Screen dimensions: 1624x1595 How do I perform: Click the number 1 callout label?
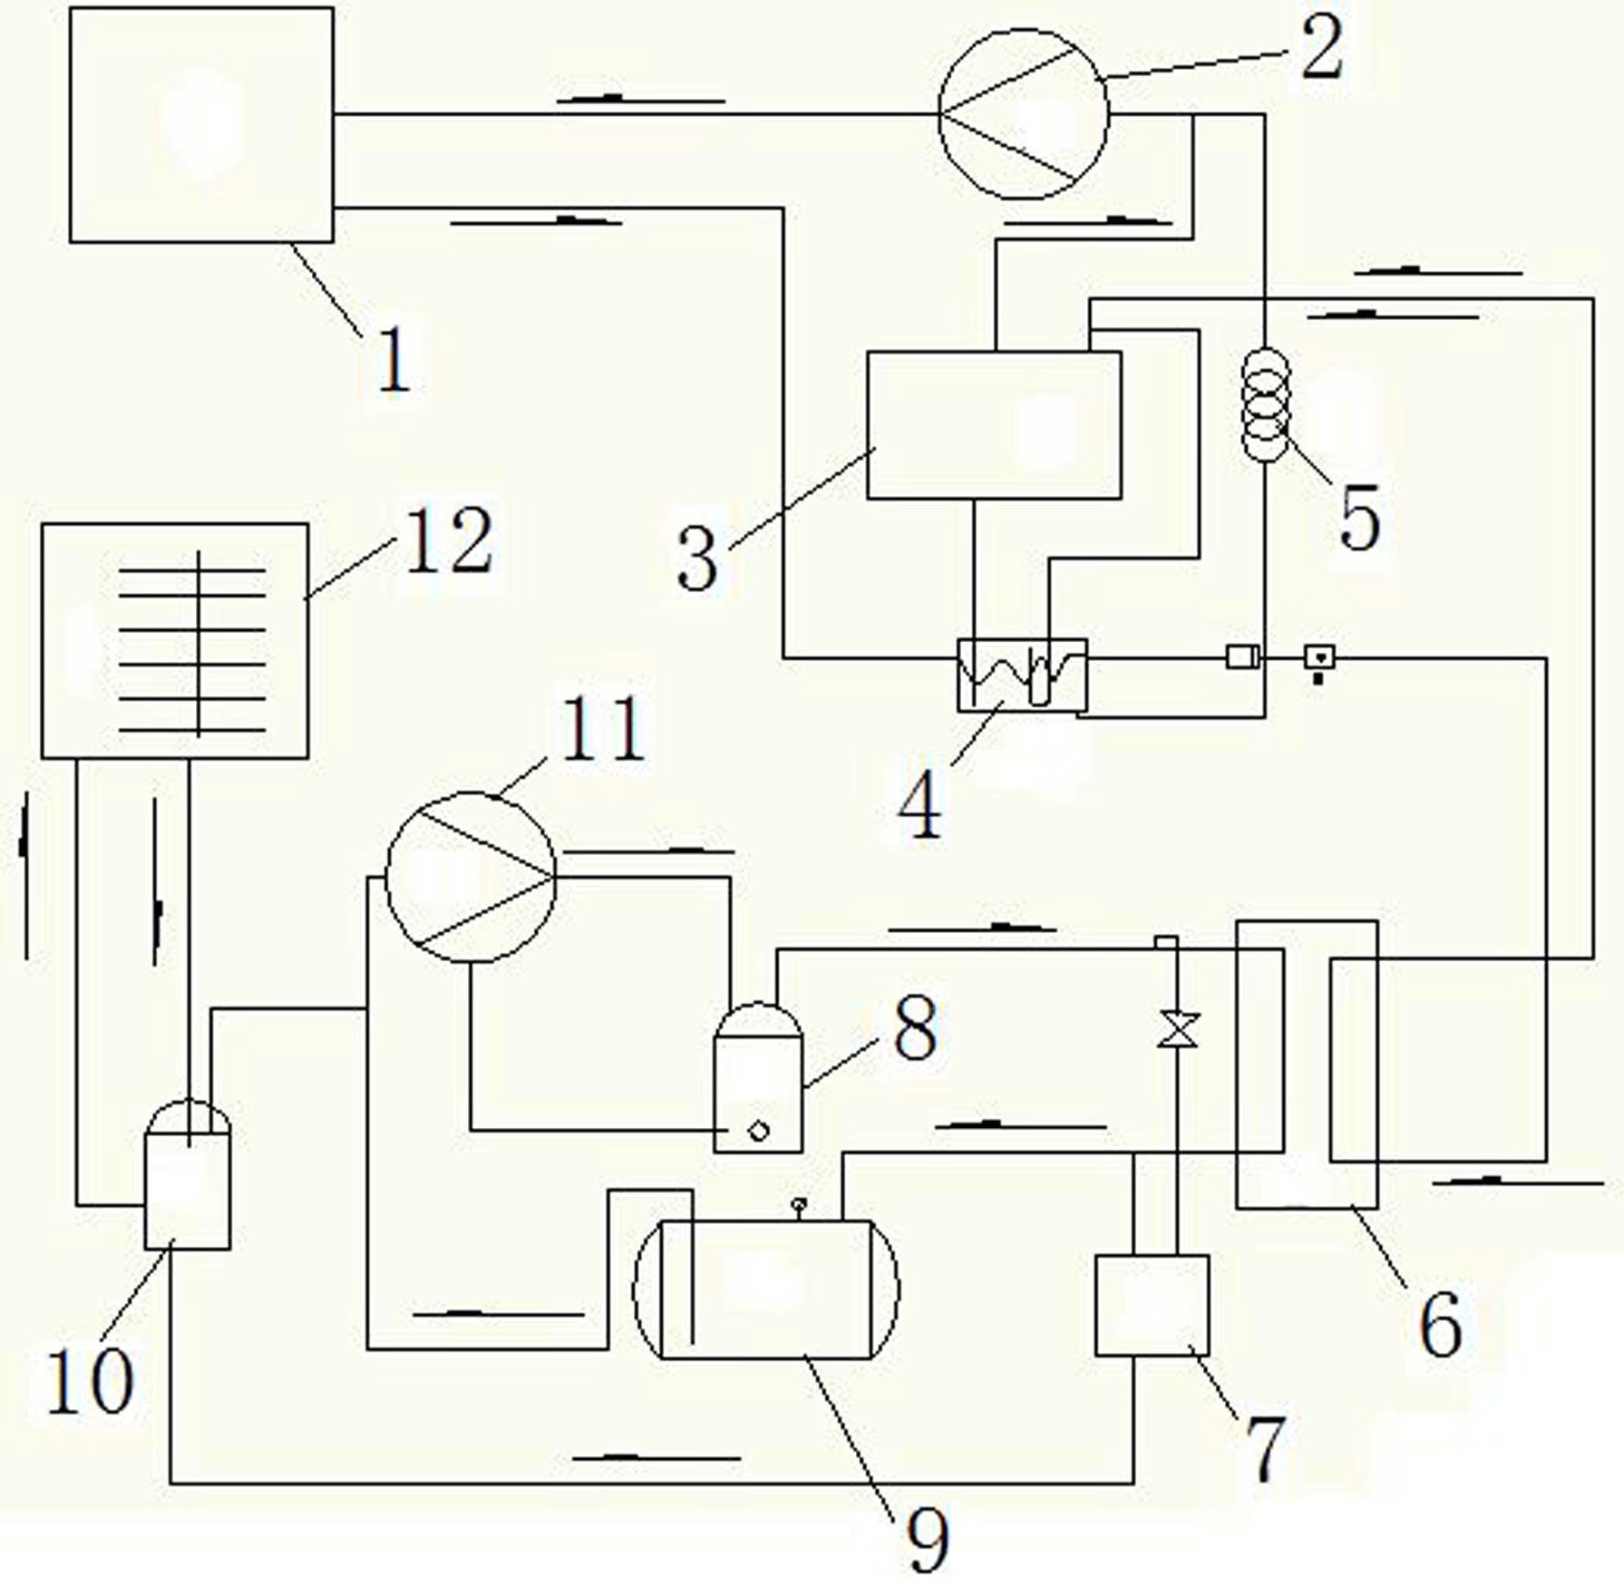coord(394,358)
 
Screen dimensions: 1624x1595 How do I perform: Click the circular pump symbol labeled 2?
coord(1023,113)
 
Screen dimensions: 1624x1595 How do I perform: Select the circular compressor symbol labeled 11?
coord(471,876)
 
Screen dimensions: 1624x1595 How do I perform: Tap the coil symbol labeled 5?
coord(1265,404)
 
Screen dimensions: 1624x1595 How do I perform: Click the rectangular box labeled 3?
coord(994,424)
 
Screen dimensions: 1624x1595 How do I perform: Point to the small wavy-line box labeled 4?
coord(1022,675)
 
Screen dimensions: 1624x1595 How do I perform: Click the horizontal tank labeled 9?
coord(766,1289)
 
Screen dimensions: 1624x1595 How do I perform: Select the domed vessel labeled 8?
coord(758,1076)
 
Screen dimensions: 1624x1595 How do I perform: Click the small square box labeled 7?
coord(1152,1305)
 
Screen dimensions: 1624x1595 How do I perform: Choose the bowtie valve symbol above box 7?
coord(1178,1029)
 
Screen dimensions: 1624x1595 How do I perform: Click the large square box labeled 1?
coord(201,124)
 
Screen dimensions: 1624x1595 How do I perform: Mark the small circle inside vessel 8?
coord(758,1130)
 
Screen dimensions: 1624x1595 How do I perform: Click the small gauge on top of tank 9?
coord(799,1208)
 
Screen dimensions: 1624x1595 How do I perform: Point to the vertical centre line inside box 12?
coord(199,643)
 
